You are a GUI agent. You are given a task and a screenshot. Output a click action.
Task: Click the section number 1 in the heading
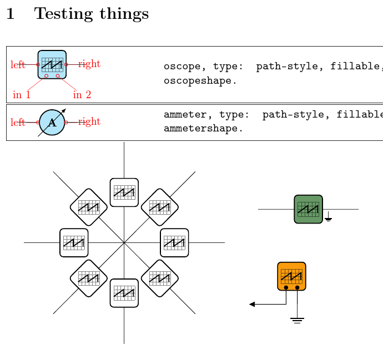click(x=11, y=14)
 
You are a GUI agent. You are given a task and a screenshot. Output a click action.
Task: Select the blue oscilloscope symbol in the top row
click(x=52, y=64)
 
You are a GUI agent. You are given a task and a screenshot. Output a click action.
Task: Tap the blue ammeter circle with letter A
click(x=52, y=122)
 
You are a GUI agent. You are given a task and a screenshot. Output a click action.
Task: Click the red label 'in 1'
click(x=22, y=95)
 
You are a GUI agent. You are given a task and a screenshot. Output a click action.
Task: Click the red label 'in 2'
click(x=82, y=95)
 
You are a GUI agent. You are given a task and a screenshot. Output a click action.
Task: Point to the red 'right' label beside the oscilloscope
click(x=89, y=64)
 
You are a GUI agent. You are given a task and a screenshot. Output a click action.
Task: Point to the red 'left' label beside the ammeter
click(x=18, y=122)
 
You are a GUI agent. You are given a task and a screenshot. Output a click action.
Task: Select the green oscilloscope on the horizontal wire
click(x=308, y=209)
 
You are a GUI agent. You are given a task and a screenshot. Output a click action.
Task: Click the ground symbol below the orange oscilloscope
click(x=298, y=320)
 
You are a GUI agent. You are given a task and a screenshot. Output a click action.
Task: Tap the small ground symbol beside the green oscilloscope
click(x=329, y=219)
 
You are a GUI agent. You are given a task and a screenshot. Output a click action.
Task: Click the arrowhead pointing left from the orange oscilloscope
click(x=253, y=304)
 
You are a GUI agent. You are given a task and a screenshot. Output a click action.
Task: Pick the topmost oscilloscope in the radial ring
click(x=124, y=192)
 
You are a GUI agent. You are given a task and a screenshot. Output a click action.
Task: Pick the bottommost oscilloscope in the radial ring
click(x=124, y=293)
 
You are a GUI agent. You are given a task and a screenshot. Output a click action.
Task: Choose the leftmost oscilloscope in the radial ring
click(x=74, y=242)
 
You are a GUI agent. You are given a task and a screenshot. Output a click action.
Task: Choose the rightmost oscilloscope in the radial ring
click(x=174, y=242)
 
